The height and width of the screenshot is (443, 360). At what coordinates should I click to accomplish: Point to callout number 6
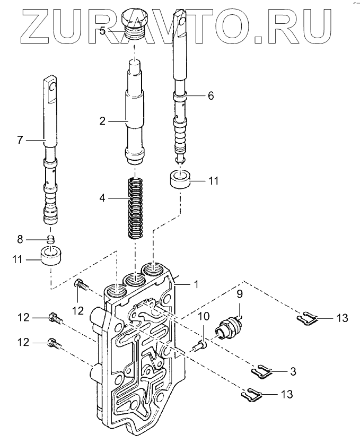coord(210,95)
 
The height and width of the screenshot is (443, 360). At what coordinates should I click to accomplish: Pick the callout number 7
coord(20,140)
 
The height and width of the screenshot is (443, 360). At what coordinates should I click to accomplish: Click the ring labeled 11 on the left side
coord(52,256)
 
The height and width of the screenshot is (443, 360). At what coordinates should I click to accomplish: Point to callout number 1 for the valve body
coord(196,284)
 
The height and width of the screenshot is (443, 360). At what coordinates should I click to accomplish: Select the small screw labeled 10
coord(199,345)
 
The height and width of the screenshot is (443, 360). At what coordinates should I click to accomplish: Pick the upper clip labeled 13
coord(307,318)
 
